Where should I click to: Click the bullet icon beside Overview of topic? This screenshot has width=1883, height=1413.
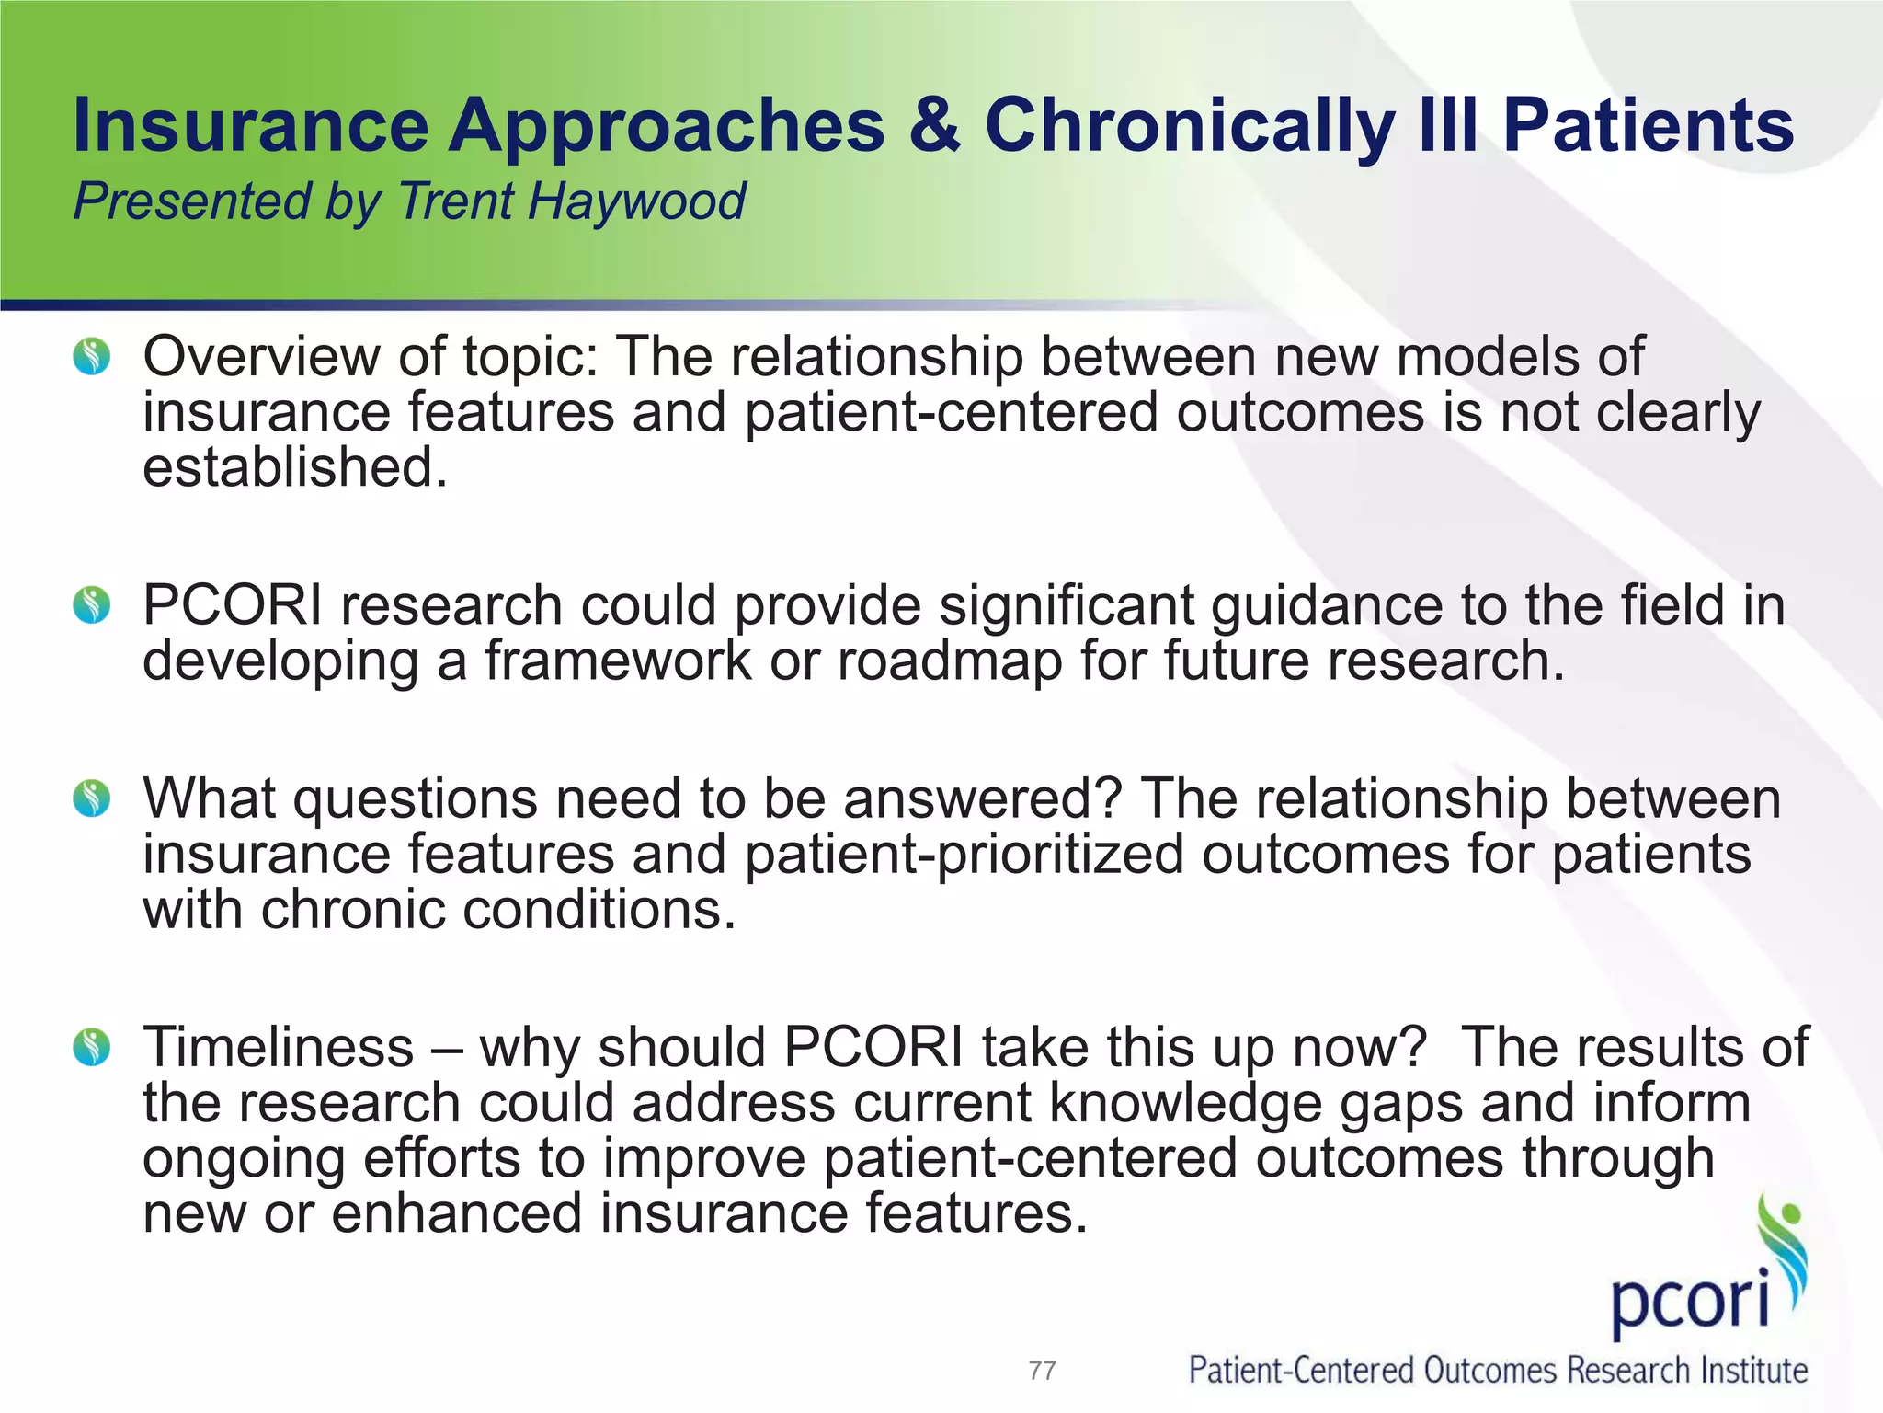92,356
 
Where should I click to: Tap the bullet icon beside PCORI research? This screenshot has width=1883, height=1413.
92,605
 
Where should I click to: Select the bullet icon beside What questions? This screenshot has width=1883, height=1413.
92,798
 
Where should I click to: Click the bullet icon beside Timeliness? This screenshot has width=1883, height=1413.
92,1047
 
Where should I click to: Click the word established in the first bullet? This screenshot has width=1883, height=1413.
294,467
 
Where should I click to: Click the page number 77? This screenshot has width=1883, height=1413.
1042,1371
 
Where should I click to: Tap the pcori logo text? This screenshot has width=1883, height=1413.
1690,1299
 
